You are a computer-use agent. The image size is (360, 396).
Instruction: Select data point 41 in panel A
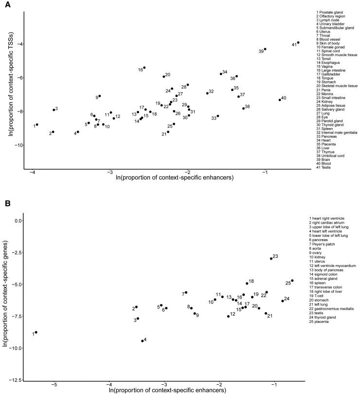pos(298,42)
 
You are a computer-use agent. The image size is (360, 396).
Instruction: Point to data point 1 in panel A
pos(37,125)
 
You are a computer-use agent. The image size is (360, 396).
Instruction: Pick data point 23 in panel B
pos(271,259)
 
